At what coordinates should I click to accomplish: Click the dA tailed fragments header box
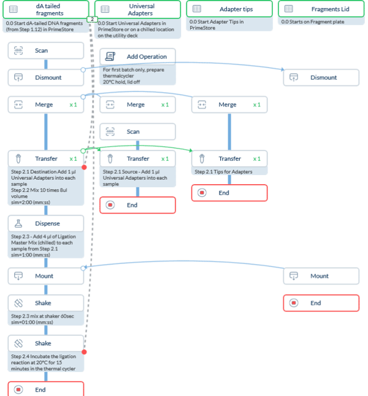point(46,9)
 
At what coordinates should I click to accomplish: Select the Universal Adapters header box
point(137,9)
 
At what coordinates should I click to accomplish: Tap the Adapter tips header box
point(229,9)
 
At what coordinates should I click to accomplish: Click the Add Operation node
point(138,56)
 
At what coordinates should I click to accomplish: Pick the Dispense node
point(46,224)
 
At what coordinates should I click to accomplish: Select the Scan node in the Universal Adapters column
point(138,131)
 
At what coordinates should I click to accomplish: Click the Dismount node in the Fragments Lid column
point(321,77)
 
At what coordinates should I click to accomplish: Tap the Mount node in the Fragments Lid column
point(321,276)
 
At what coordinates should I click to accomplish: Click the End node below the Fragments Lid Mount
point(321,303)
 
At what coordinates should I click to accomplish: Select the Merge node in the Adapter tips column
point(229,105)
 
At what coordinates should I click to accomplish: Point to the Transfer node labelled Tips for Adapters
point(229,158)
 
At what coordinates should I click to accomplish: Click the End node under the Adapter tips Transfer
point(229,193)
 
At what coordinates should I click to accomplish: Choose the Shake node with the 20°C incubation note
point(46,343)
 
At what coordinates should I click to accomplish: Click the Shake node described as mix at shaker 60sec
point(46,303)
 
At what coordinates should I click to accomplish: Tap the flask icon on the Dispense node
point(18,224)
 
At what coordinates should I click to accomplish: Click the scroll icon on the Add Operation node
point(110,56)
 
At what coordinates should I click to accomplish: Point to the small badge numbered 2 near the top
point(91,19)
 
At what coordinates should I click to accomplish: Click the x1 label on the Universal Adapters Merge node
point(165,105)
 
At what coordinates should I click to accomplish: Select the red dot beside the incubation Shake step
point(84,352)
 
